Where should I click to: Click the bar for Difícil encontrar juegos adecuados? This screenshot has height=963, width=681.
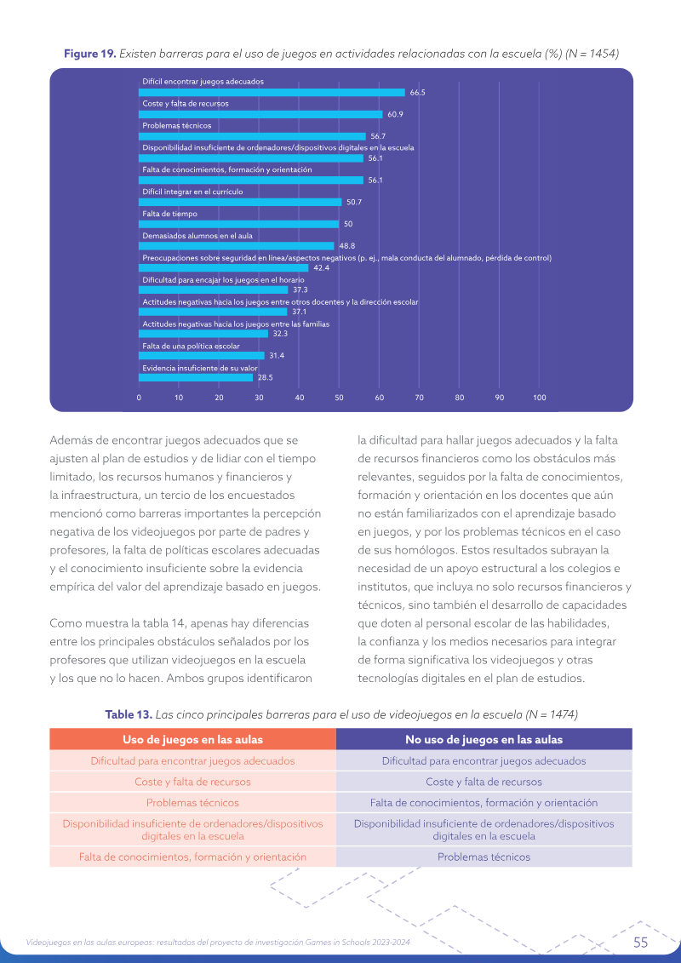272,93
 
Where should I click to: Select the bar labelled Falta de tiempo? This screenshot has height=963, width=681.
239,224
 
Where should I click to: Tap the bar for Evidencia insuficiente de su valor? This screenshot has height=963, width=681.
196,378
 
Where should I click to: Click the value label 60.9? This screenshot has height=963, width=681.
395,115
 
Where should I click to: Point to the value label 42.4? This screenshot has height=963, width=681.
321,268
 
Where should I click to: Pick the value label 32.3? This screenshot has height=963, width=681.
280,334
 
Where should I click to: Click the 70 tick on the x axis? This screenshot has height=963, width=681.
420,398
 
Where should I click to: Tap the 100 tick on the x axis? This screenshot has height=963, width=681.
540,398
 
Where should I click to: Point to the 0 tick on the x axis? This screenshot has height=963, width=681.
139,398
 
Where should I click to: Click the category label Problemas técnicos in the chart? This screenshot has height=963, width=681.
177,126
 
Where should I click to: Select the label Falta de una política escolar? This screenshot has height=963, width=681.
191,347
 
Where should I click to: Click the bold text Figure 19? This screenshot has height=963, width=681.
90,54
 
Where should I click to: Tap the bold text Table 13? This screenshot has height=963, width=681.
129,715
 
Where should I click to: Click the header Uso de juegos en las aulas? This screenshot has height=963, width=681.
193,740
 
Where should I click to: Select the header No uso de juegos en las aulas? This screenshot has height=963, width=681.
484,740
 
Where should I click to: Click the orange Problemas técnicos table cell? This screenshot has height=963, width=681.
193,803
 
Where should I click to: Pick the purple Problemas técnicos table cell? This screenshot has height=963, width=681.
484,857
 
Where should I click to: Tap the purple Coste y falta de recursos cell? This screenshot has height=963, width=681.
484,782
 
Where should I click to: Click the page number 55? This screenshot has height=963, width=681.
640,943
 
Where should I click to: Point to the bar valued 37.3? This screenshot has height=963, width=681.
213,289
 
